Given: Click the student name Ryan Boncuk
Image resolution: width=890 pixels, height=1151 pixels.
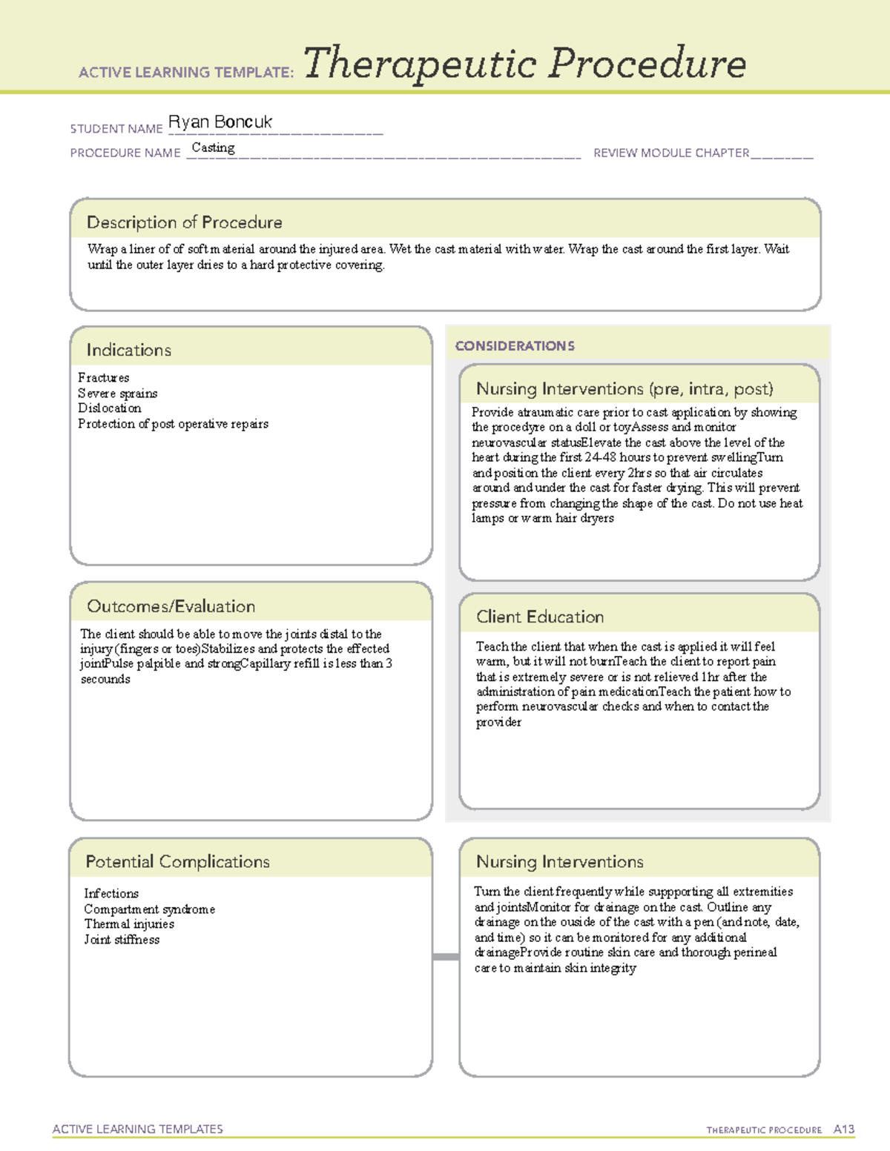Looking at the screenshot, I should coord(220,122).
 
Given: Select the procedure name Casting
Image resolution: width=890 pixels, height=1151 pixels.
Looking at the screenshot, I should coord(213,147).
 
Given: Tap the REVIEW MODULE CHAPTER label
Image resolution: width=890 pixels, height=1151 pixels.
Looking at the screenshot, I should coord(670,153).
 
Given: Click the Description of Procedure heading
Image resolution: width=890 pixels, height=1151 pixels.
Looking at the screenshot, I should coord(184,222).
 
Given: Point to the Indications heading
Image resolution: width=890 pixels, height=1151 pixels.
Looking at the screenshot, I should coord(128,350).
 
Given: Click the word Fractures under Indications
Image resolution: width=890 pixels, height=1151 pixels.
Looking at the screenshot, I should coord(103,378).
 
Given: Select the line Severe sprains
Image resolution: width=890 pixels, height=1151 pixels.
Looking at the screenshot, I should coord(117,394).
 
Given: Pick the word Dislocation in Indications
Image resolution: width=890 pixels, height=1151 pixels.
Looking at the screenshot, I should coord(109,408).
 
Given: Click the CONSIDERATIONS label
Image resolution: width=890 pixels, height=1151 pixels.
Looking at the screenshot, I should coord(514,346).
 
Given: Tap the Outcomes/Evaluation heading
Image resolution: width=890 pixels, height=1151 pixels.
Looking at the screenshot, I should coord(171,606).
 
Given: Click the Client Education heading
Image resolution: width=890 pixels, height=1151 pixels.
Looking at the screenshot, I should coord(539,617).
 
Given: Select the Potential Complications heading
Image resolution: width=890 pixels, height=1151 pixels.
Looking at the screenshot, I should coord(177,862).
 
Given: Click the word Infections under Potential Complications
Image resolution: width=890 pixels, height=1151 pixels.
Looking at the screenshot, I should coord(111,894).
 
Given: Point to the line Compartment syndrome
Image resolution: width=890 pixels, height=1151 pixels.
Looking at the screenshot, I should coord(149,909).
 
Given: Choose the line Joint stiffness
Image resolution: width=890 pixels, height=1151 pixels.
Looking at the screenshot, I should coord(122,940).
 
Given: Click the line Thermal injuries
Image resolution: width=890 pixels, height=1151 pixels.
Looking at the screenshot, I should coord(129,924).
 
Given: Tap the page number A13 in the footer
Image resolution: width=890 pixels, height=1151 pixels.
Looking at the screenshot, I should coord(843,1130).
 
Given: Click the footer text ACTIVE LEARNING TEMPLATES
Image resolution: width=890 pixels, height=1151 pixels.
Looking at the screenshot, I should coord(137,1129).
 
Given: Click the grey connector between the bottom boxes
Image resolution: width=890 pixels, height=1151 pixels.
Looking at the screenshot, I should coord(445,957).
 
